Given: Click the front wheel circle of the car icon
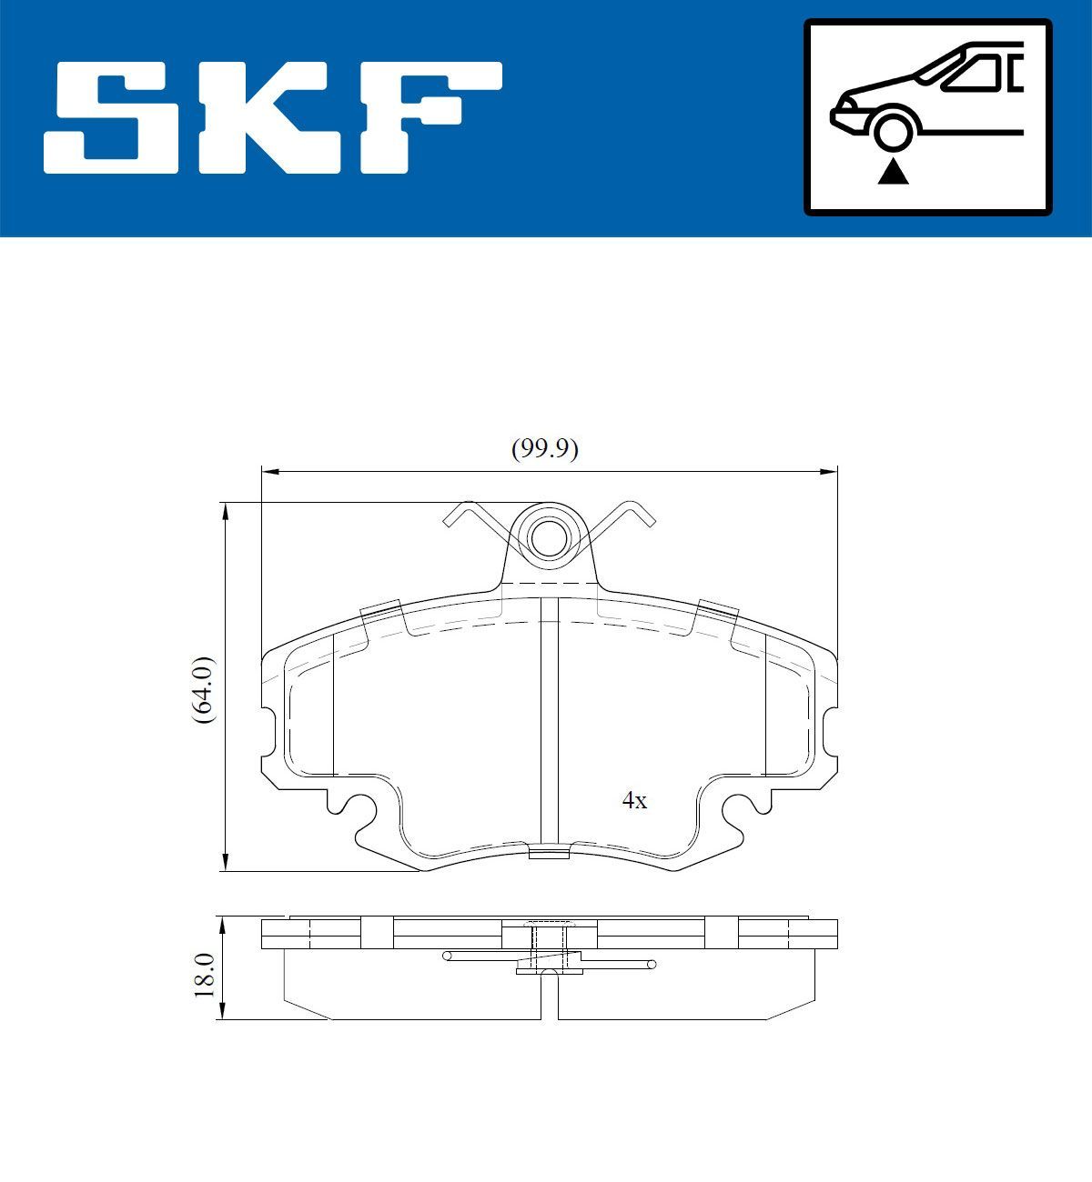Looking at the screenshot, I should click(x=893, y=129).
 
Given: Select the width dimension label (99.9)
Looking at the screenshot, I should click(x=544, y=448).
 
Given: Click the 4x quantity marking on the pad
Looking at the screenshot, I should click(x=634, y=800).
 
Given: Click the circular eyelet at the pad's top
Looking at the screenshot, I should click(x=548, y=537).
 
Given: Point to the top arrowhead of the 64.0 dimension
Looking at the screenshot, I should click(x=225, y=510).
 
